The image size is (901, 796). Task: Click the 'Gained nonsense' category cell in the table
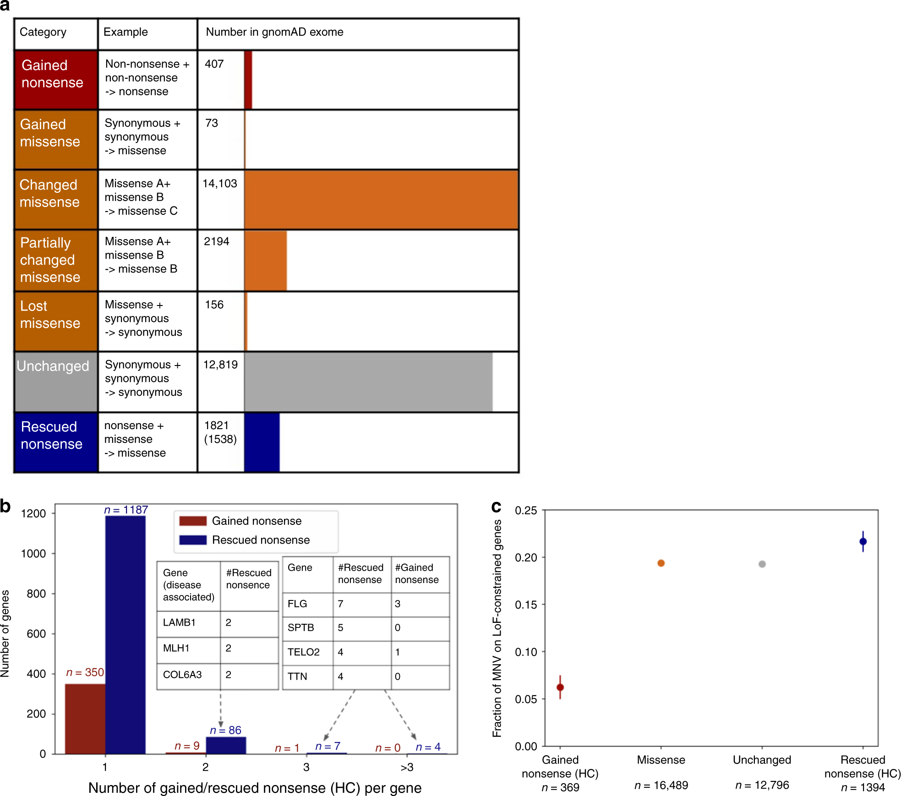coord(55,79)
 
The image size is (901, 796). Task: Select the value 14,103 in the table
coord(220,184)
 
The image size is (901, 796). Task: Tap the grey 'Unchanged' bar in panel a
coord(368,382)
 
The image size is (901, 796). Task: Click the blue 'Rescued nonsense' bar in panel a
coord(262,442)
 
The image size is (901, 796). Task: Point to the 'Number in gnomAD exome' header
coord(274,32)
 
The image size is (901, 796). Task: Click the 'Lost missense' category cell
coord(55,321)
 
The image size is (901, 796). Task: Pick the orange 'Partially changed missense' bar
coord(265,260)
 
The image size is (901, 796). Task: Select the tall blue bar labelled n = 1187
coord(125,634)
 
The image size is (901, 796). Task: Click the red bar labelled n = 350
coord(85,718)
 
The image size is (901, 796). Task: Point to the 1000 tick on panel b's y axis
coord(33,554)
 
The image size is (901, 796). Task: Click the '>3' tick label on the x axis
coord(407,767)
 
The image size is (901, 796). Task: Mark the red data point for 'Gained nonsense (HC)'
coord(560,687)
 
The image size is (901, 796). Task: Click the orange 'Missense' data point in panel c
coord(661,563)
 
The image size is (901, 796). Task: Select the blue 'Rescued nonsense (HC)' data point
coord(863,541)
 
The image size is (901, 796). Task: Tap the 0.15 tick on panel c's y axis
coord(525,605)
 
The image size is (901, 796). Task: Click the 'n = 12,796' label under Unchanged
coord(762,785)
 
